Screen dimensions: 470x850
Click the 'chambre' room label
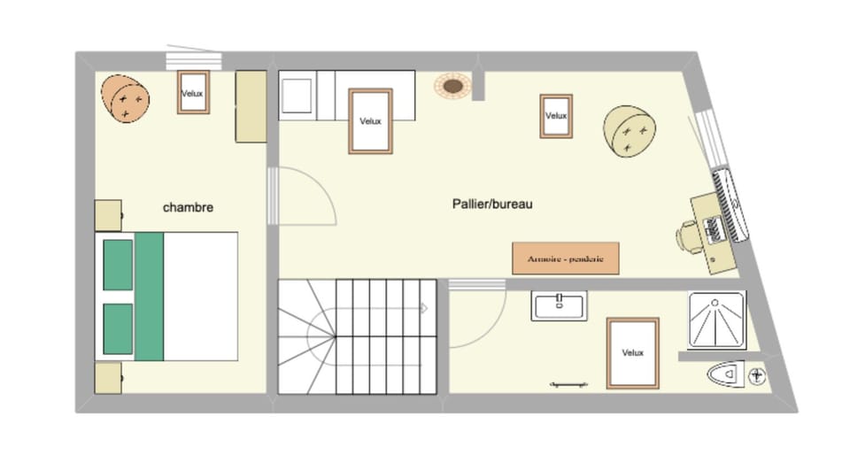(188, 207)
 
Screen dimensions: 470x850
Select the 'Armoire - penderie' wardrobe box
(565, 258)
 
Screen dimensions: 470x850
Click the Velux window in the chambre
(193, 92)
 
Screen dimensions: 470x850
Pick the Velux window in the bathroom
(632, 352)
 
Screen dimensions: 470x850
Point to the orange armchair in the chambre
(125, 97)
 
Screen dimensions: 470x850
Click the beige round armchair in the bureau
(630, 131)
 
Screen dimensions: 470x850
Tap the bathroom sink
(560, 305)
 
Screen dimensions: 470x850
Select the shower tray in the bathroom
(716, 320)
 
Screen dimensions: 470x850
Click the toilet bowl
(728, 375)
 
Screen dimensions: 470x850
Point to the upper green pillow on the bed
(118, 264)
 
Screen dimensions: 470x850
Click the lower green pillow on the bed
(118, 328)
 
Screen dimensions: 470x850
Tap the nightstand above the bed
(108, 215)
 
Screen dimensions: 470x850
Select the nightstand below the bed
(108, 378)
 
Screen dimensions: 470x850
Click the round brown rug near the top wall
(452, 86)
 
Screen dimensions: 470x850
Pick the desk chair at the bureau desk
(688, 236)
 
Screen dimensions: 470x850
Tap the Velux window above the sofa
(370, 121)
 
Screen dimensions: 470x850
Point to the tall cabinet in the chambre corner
(251, 106)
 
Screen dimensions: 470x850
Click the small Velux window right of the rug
(555, 116)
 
